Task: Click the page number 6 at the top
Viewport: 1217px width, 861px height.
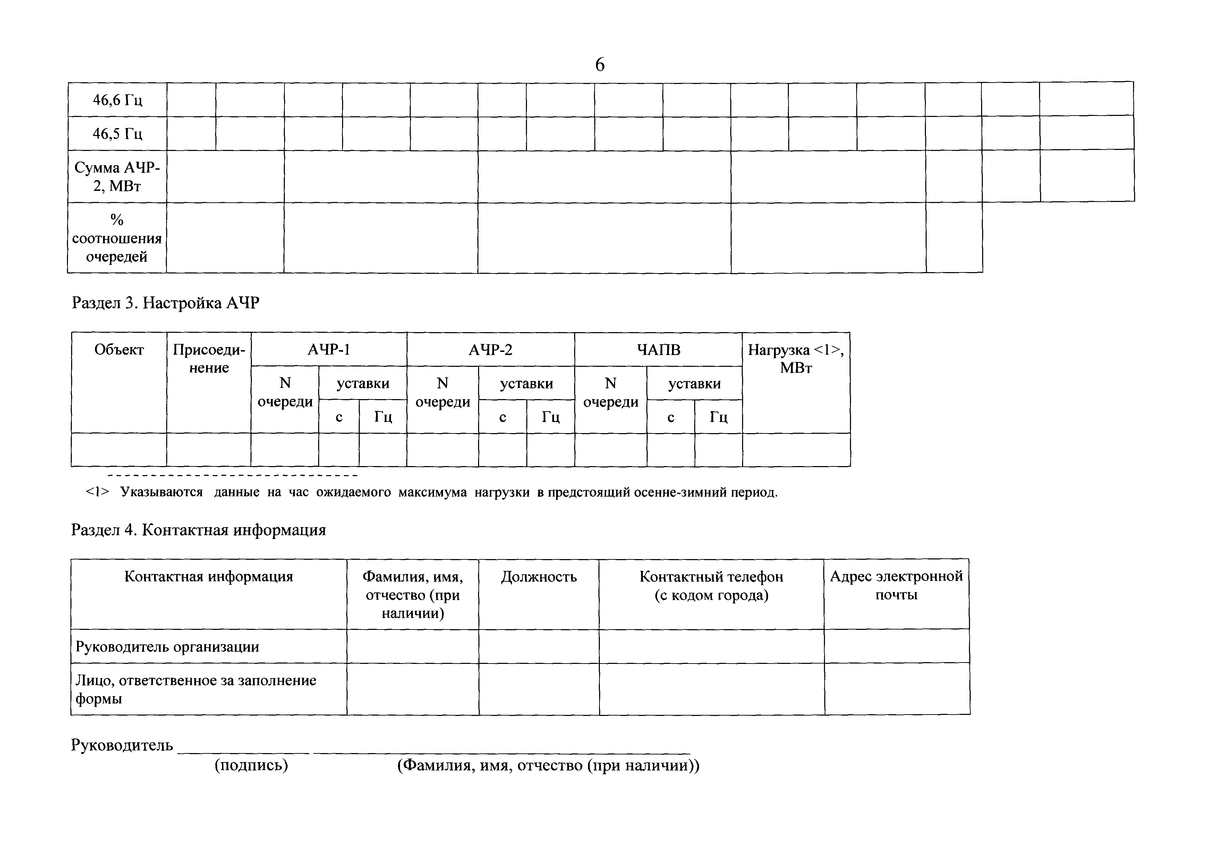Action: (599, 65)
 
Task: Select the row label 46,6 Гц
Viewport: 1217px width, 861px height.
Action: (117, 100)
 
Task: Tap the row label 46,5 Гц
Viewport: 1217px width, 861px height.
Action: (117, 133)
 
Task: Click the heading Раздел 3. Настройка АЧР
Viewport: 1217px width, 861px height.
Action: (165, 303)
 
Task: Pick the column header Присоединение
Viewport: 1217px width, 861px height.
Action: (209, 358)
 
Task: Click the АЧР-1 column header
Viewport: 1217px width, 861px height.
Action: (329, 350)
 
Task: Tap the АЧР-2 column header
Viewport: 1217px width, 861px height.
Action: (490, 350)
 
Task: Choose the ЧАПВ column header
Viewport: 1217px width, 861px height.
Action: (658, 350)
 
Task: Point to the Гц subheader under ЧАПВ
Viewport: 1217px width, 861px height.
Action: (718, 417)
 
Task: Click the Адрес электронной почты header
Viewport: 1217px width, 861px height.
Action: (896, 585)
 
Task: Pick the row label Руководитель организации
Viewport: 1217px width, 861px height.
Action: (168, 647)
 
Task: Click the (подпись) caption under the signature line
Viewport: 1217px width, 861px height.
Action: (251, 766)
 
